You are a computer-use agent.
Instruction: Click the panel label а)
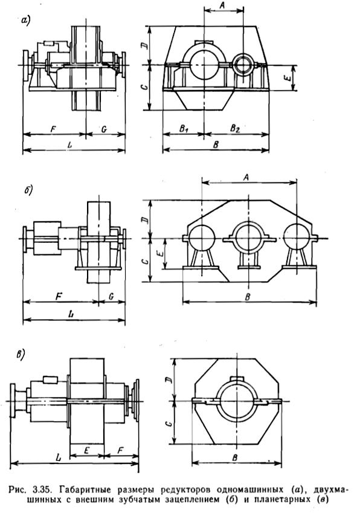pos(25,20)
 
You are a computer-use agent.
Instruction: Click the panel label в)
pos(21,355)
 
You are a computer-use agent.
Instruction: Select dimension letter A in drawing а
pos(223,5)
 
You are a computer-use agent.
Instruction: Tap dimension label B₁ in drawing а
pos(184,128)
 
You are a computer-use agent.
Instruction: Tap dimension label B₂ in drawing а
pos(234,128)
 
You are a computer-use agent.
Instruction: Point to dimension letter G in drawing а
pos(104,129)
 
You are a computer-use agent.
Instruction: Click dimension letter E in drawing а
pos(287,78)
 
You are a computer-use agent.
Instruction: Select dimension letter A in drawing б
pos(246,177)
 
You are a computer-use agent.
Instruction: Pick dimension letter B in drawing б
pos(248,297)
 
